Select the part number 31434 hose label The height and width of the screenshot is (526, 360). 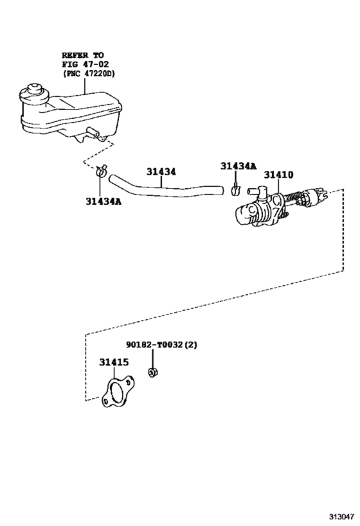coord(161,171)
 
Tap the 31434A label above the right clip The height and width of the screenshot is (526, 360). coord(238,166)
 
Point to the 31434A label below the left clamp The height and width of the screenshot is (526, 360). coord(103,201)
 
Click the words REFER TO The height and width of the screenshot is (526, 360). coord(82,56)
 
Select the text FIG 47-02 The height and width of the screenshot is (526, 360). coord(82,66)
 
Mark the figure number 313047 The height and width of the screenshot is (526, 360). coord(338,516)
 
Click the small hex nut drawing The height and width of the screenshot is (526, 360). coord(153,373)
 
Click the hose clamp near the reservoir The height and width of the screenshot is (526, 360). coord(102,172)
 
